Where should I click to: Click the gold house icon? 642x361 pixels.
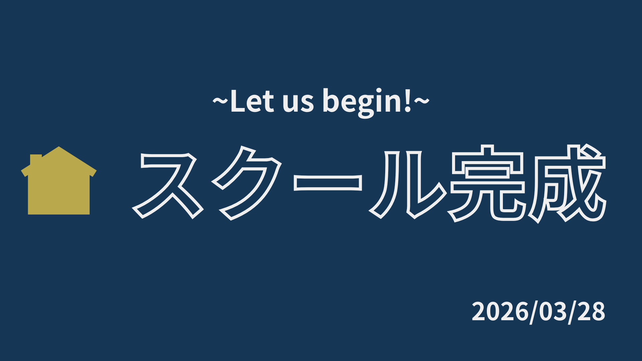(59, 182)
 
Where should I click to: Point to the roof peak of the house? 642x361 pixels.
(59, 147)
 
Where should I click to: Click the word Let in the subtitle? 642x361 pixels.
(252, 101)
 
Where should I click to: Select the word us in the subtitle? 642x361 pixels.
(298, 104)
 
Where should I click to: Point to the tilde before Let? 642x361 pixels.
(220, 101)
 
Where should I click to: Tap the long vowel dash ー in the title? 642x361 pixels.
(328, 183)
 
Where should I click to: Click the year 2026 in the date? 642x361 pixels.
(500, 312)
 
